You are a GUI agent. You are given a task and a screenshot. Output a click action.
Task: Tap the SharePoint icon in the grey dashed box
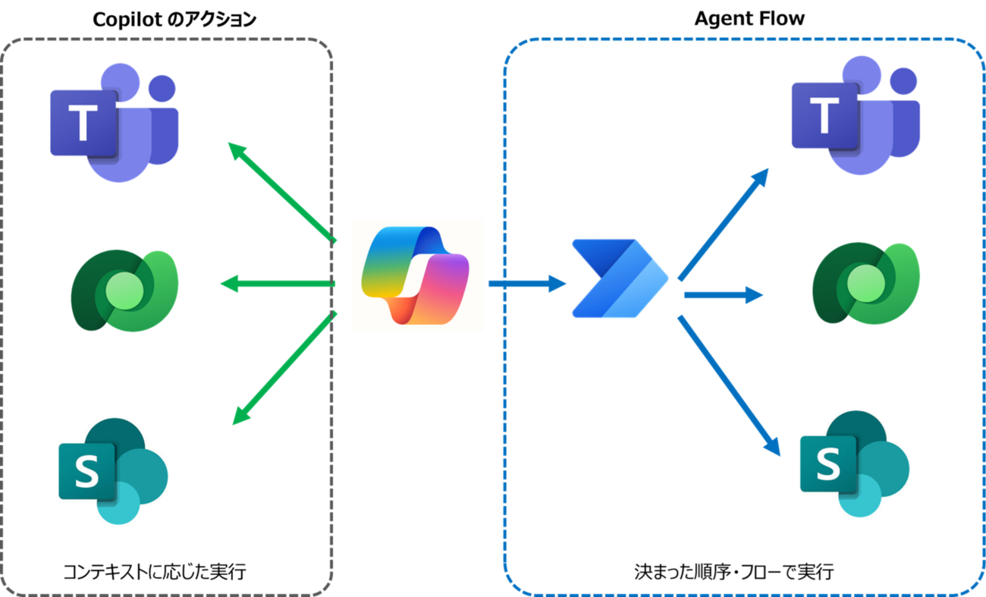113,470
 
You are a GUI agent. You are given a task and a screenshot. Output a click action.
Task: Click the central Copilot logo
416,275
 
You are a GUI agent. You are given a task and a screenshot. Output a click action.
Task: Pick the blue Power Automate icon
619,277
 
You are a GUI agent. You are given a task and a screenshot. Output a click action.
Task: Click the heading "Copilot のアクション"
174,20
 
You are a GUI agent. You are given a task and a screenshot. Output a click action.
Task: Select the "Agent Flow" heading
749,19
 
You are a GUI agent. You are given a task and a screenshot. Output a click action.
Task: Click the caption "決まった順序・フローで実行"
734,571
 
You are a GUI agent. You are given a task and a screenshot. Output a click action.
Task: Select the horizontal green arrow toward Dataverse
278,284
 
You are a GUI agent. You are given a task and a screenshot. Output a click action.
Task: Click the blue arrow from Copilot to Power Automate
527,284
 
